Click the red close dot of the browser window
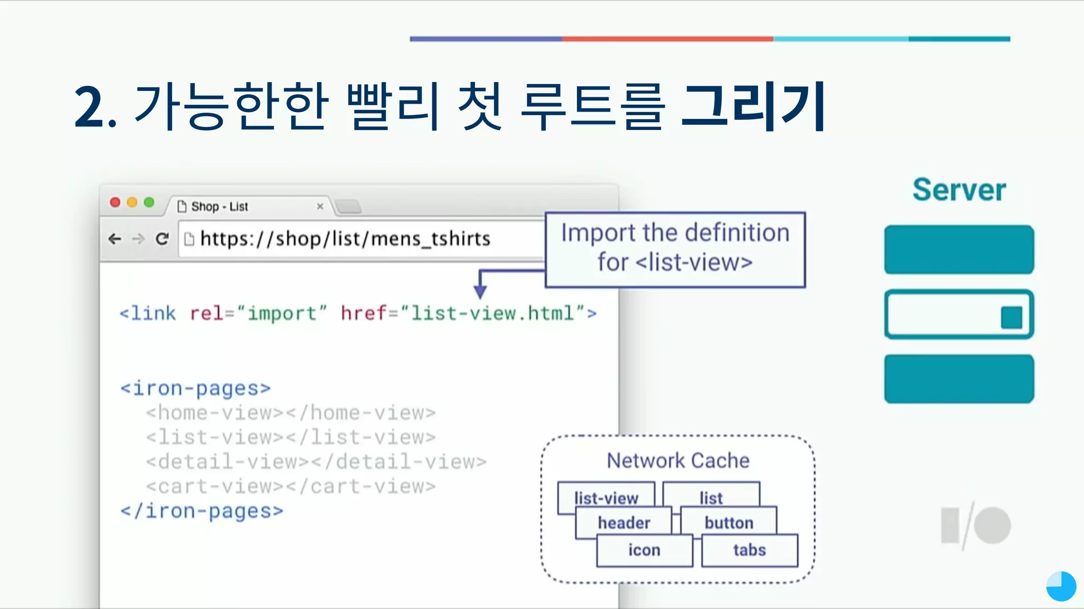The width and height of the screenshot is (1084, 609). point(115,202)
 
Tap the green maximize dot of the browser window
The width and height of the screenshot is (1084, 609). point(149,202)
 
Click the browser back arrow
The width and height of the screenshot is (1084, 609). point(114,239)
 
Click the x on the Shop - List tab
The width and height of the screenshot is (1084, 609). point(320,206)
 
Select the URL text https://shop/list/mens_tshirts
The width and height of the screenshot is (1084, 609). point(345,239)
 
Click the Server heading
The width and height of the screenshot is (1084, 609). point(959,190)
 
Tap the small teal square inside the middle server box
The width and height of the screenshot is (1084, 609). point(1011,317)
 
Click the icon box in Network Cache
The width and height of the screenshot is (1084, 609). point(644,550)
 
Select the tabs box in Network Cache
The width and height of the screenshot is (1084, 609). point(749,550)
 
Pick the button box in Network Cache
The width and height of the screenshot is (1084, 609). point(729,522)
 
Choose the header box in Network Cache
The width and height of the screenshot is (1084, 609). point(624,522)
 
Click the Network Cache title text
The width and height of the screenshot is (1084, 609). point(678,460)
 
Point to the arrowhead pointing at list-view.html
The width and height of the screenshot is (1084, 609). point(480,292)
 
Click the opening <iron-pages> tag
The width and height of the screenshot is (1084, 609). point(195,389)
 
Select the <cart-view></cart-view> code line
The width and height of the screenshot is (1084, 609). point(291,486)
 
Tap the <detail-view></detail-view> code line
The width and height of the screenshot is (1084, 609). point(316,462)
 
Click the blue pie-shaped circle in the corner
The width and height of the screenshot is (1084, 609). point(1061,586)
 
